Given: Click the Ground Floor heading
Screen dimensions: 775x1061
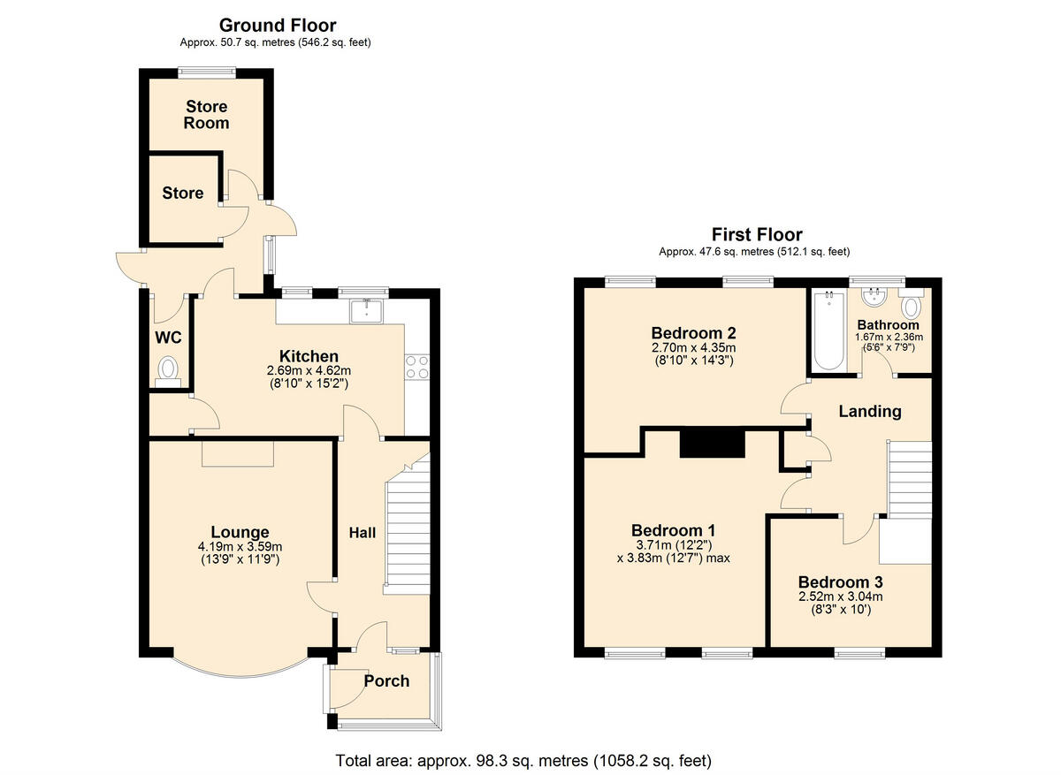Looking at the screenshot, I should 277,26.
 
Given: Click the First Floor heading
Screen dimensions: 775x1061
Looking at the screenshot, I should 757,234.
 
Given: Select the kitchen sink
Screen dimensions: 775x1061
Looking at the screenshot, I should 366,311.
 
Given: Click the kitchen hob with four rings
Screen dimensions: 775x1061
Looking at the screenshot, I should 416,367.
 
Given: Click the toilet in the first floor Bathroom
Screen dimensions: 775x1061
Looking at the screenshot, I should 911,306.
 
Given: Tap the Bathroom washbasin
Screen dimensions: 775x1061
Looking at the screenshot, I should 874,294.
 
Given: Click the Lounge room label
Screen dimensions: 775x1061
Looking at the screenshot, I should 239,532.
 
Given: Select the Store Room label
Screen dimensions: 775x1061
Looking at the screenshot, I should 206,115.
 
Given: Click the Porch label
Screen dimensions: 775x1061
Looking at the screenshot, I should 386,680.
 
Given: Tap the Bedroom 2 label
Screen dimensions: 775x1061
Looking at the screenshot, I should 693,333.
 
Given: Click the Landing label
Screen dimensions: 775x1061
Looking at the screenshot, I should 869,411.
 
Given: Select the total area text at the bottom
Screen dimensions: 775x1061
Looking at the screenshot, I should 523,760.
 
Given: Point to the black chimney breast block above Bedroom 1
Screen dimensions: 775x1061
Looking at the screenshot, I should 712,443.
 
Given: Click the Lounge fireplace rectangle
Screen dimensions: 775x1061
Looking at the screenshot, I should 238,453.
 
